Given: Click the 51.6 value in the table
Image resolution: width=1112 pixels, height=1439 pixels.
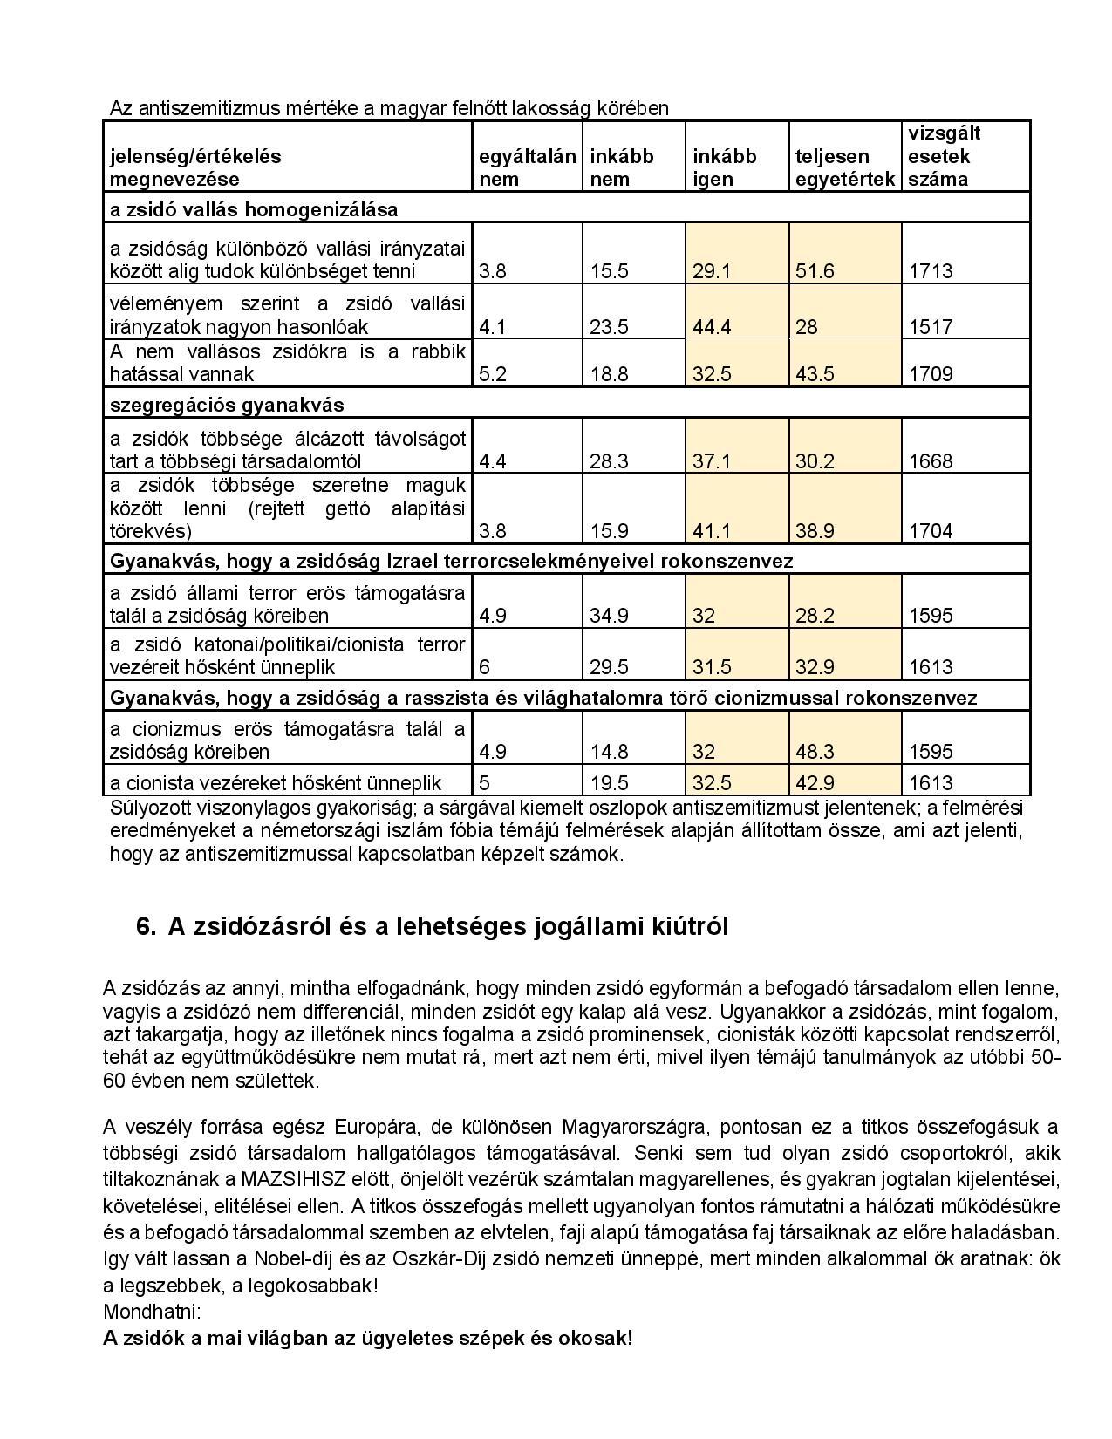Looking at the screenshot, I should pos(815,271).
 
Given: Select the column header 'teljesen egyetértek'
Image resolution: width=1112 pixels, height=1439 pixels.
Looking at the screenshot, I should pos(844,167).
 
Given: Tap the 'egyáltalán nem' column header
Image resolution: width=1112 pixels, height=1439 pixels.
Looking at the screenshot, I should pos(527,167).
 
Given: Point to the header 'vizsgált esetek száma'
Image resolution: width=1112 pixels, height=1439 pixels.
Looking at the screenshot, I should pos(945,156).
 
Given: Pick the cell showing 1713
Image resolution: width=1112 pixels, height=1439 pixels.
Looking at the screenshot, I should pos(931,271).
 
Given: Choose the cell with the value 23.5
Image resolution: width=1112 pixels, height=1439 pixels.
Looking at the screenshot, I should pos(609,327).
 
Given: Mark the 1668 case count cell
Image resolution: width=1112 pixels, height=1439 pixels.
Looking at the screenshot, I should pos(931,461).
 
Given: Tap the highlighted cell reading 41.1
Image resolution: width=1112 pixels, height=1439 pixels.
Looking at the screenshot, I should pos(712,531).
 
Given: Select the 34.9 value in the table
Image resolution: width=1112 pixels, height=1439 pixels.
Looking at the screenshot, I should pos(609,616).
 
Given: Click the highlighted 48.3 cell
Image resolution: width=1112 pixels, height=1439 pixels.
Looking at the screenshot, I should pos(815,752).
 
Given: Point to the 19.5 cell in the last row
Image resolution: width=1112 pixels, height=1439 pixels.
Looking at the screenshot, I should pos(609,783).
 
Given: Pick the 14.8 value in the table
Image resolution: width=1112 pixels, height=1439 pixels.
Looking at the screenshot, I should pos(609,752).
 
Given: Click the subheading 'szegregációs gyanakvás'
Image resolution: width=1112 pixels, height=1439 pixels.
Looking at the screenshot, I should pos(227,406).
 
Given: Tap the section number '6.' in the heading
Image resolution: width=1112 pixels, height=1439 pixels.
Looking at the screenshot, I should pos(146,927).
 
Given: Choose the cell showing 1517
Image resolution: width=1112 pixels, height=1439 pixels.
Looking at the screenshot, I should pos(931,327).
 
